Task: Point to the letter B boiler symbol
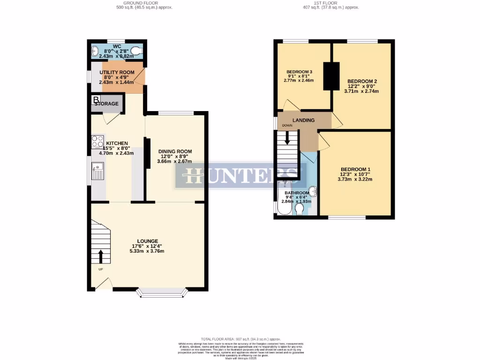(x=96, y=100)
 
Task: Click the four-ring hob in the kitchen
(x=97, y=142)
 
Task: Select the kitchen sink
(x=98, y=172)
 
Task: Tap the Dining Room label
(x=174, y=151)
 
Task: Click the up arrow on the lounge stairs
(x=101, y=256)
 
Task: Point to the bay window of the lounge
(x=162, y=293)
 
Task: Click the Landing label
(x=304, y=120)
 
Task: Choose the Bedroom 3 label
(x=300, y=72)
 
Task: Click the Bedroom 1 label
(x=355, y=169)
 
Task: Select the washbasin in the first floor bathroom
(x=313, y=192)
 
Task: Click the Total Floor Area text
(x=240, y=339)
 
